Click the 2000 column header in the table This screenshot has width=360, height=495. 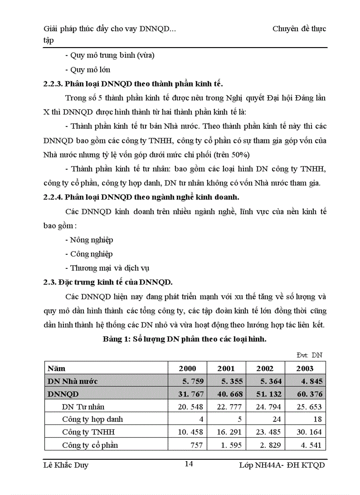187,368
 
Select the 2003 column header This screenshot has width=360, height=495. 305,368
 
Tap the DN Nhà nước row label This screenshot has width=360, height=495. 72,381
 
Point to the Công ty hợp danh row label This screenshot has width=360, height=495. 93,419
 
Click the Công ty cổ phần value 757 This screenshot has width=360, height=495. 195,445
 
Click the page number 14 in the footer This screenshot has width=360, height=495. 188,463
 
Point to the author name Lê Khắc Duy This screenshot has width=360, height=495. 66,465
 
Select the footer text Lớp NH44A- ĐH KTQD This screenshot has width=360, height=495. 281,465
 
